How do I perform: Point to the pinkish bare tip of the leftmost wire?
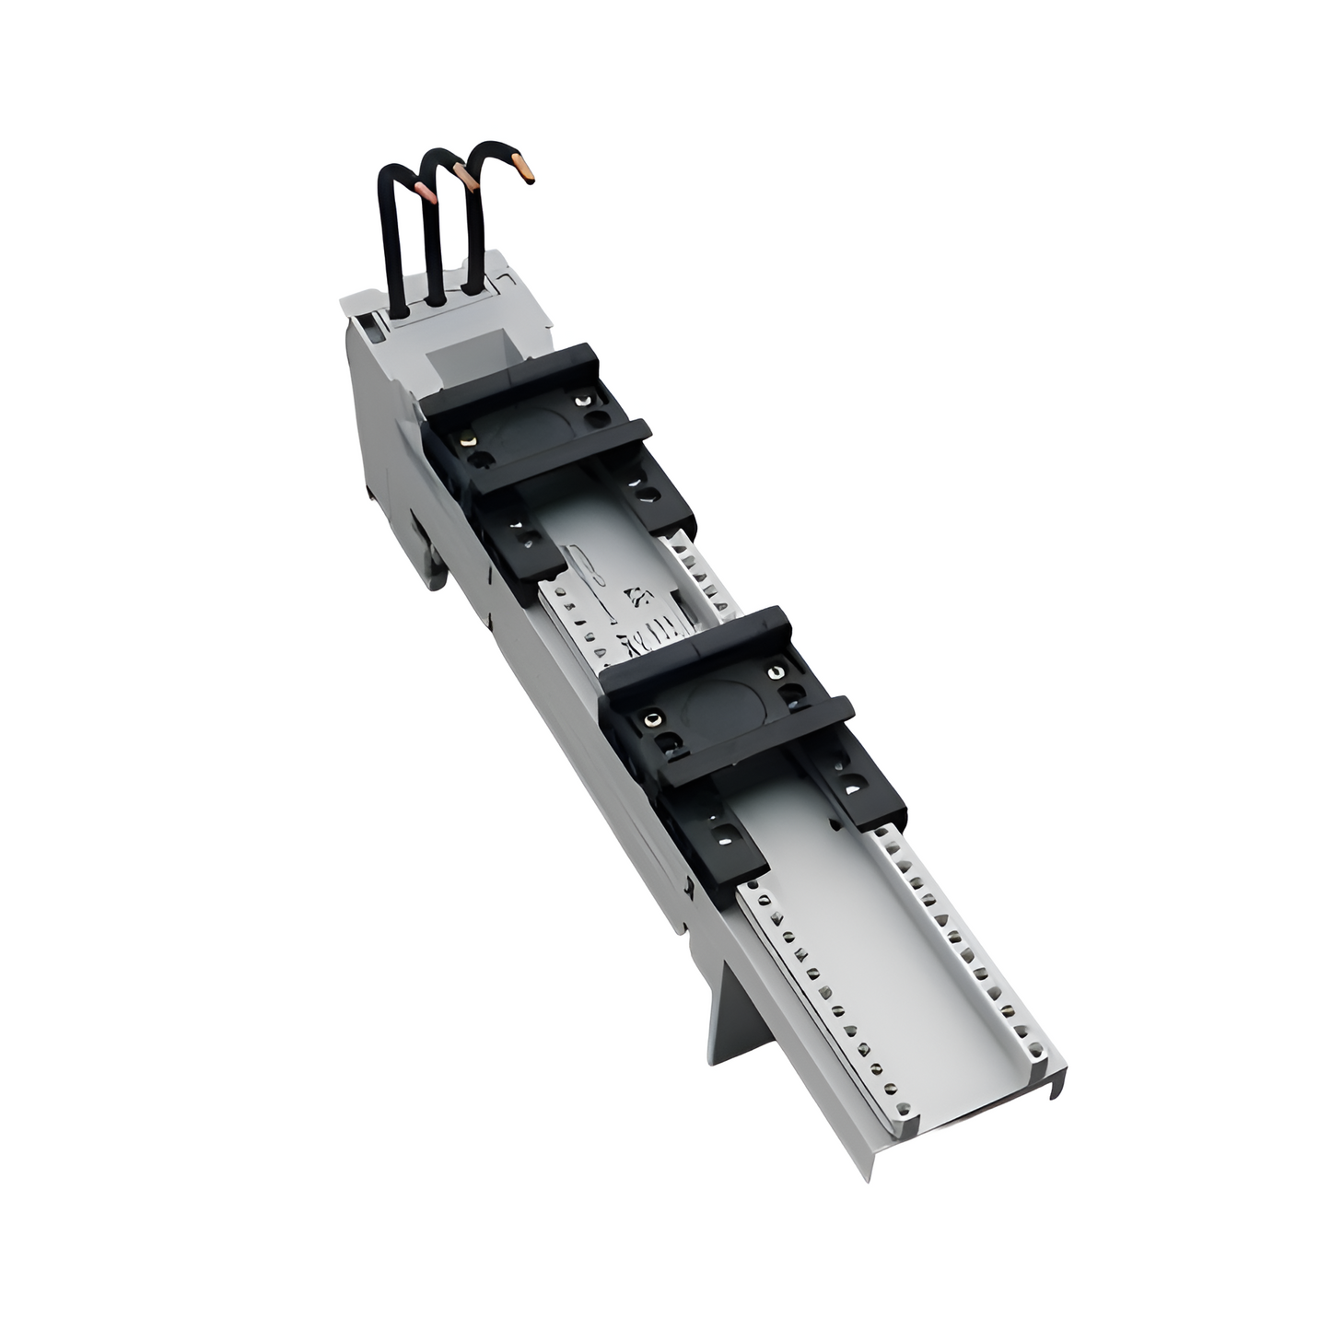(425, 191)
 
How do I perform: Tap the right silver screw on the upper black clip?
(579, 400)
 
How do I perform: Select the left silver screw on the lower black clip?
(652, 718)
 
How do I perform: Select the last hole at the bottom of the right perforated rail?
(1041, 1047)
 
